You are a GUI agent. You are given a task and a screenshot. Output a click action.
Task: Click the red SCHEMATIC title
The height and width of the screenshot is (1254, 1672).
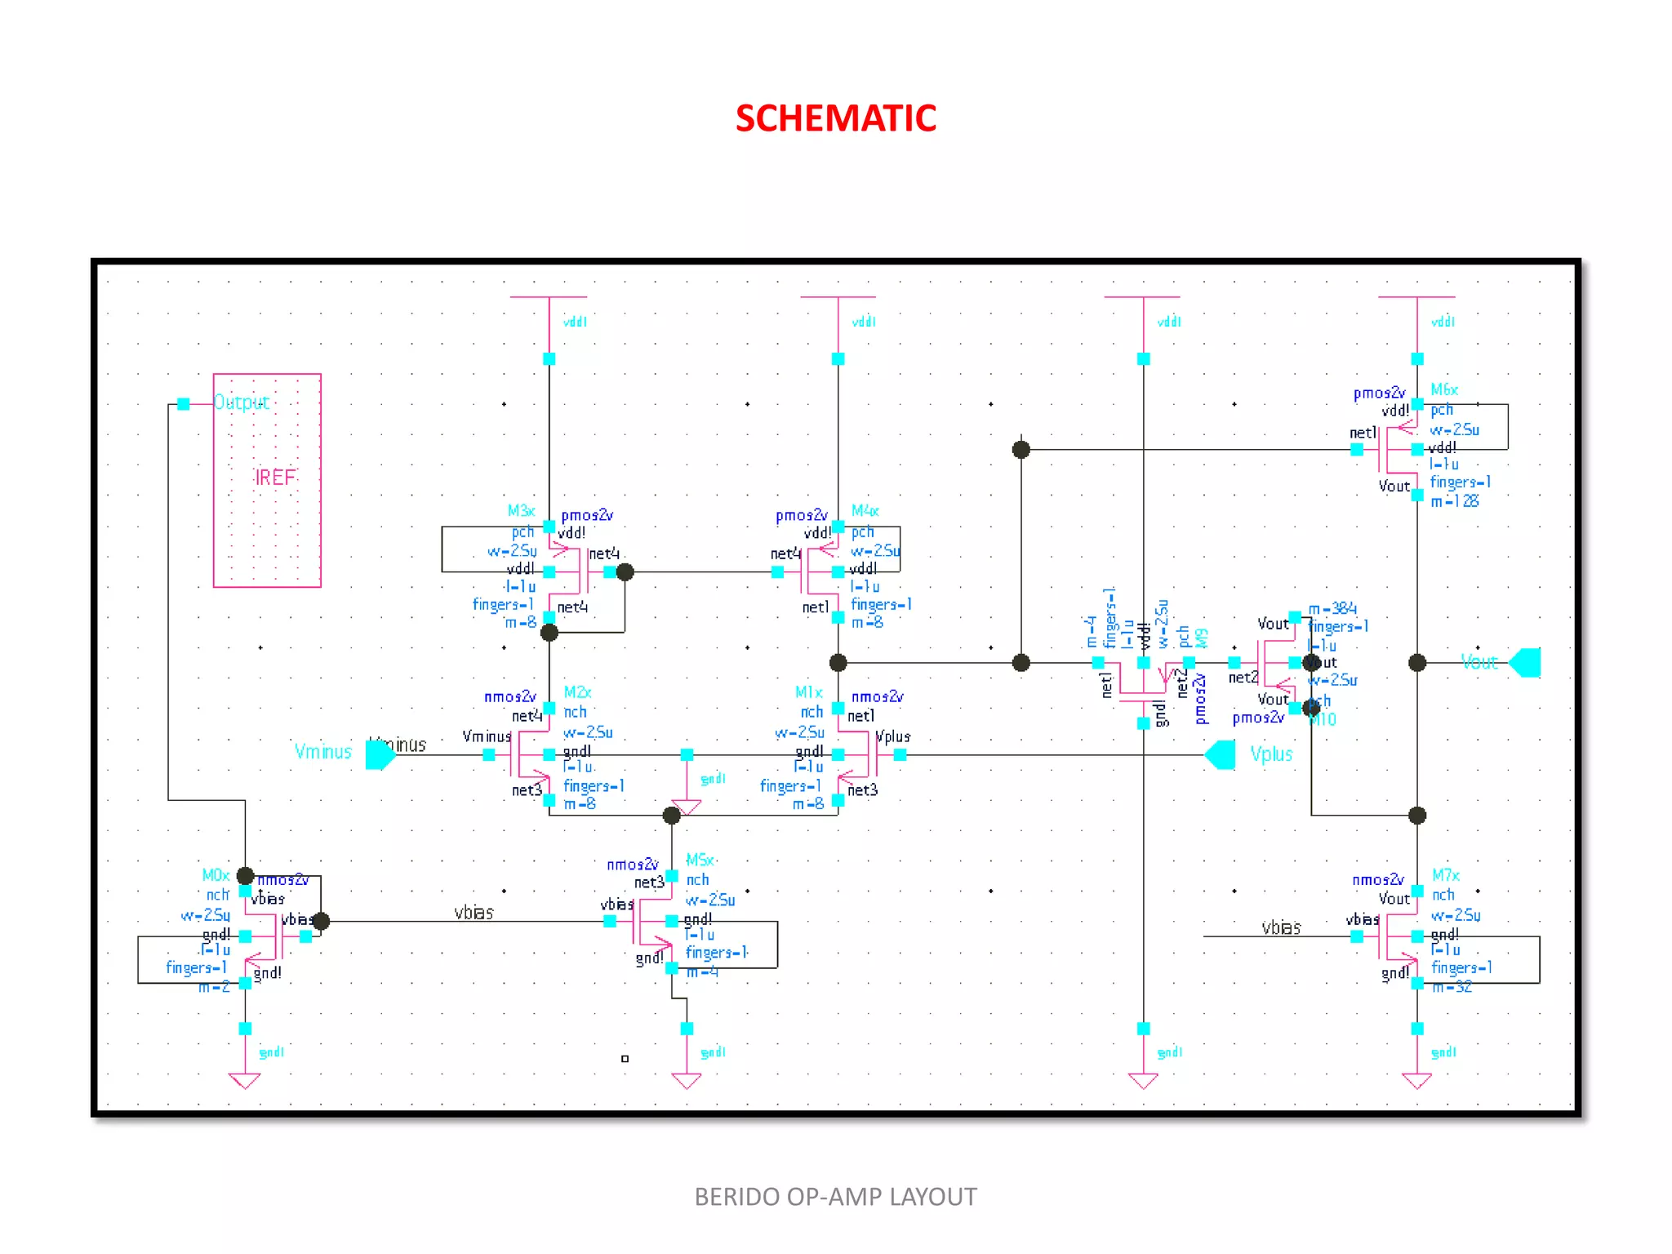[x=835, y=118]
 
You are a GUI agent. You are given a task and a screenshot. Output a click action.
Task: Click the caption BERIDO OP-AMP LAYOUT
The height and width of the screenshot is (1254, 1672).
[x=835, y=1197]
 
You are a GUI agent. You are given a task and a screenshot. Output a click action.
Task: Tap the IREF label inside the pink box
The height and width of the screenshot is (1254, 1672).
[x=275, y=478]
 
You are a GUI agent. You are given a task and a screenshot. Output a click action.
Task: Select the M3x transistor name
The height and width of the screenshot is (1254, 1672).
[x=521, y=511]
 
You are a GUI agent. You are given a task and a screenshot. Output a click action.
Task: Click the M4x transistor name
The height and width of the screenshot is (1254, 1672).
[x=865, y=511]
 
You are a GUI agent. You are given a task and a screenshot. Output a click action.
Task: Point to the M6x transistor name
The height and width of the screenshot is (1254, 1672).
[x=1443, y=390]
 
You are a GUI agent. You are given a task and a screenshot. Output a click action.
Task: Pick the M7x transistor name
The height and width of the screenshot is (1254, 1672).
[x=1445, y=875]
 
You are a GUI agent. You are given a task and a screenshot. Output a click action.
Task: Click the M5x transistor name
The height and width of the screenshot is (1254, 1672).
[x=700, y=860]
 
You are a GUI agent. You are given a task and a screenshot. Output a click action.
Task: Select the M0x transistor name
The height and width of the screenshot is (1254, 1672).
[x=216, y=875]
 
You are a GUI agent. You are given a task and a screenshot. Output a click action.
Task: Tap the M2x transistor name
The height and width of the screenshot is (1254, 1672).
[x=577, y=692]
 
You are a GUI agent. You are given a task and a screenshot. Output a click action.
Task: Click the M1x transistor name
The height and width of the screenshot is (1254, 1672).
[x=808, y=692]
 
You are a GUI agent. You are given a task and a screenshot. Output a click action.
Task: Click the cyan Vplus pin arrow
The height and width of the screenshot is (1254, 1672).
[x=1221, y=755]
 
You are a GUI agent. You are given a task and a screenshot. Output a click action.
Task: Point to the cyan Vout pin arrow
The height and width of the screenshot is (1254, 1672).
[x=1524, y=663]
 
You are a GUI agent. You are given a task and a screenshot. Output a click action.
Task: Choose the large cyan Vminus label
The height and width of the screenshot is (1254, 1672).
[x=323, y=752]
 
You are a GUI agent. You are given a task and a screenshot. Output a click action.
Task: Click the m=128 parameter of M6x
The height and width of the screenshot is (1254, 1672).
[x=1454, y=501]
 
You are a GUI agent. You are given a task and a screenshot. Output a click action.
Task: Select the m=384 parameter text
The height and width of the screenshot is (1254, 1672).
[x=1332, y=609]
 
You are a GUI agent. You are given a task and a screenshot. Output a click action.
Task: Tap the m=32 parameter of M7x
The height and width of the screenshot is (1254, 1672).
[x=1452, y=987]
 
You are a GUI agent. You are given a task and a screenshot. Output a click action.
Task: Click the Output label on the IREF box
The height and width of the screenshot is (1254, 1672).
[x=241, y=402]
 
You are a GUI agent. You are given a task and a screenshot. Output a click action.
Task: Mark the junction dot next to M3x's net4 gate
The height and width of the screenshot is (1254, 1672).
[x=625, y=572]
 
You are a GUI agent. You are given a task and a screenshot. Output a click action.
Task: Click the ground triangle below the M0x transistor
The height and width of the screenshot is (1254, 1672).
[x=245, y=1081]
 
